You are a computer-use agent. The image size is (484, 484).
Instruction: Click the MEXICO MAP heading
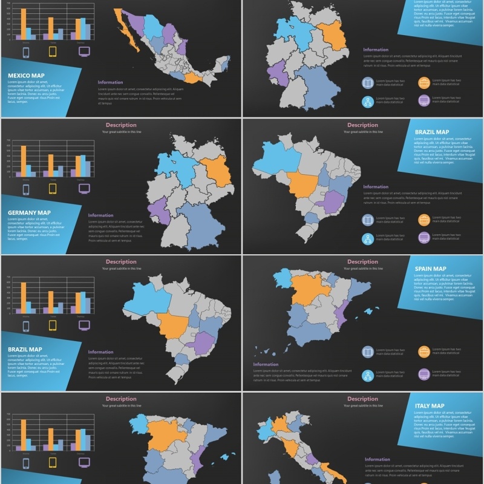click(x=26, y=76)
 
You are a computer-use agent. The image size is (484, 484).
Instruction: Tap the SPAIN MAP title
click(x=430, y=269)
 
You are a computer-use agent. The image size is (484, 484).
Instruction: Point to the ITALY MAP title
click(x=430, y=405)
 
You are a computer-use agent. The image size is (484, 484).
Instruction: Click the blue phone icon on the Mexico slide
click(x=26, y=52)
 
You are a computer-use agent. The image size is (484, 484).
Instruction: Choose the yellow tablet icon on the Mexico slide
click(x=53, y=52)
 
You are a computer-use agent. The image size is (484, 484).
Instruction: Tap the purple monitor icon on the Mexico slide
click(x=84, y=52)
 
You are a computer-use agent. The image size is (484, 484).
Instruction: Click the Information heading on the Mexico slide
click(x=110, y=82)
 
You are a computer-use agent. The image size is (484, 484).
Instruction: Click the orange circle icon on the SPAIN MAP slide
click(x=424, y=352)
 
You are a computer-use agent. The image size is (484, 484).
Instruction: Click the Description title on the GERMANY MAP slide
click(x=121, y=125)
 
